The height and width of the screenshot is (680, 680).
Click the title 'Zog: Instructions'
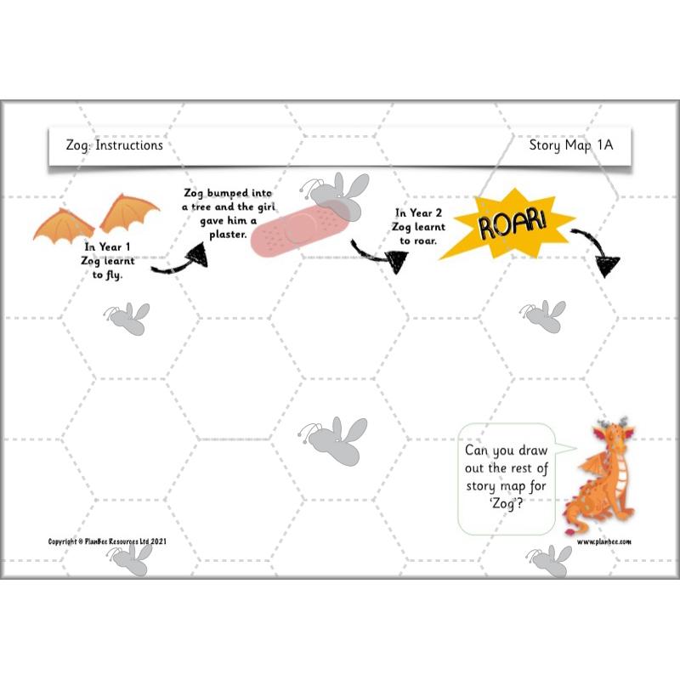pos(114,145)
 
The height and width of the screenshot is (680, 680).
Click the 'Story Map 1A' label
pos(570,145)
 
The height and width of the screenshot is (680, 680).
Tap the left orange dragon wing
pos(64,223)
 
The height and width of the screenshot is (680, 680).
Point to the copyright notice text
pos(107,541)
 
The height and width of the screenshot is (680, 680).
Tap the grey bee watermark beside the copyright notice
pos(129,558)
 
